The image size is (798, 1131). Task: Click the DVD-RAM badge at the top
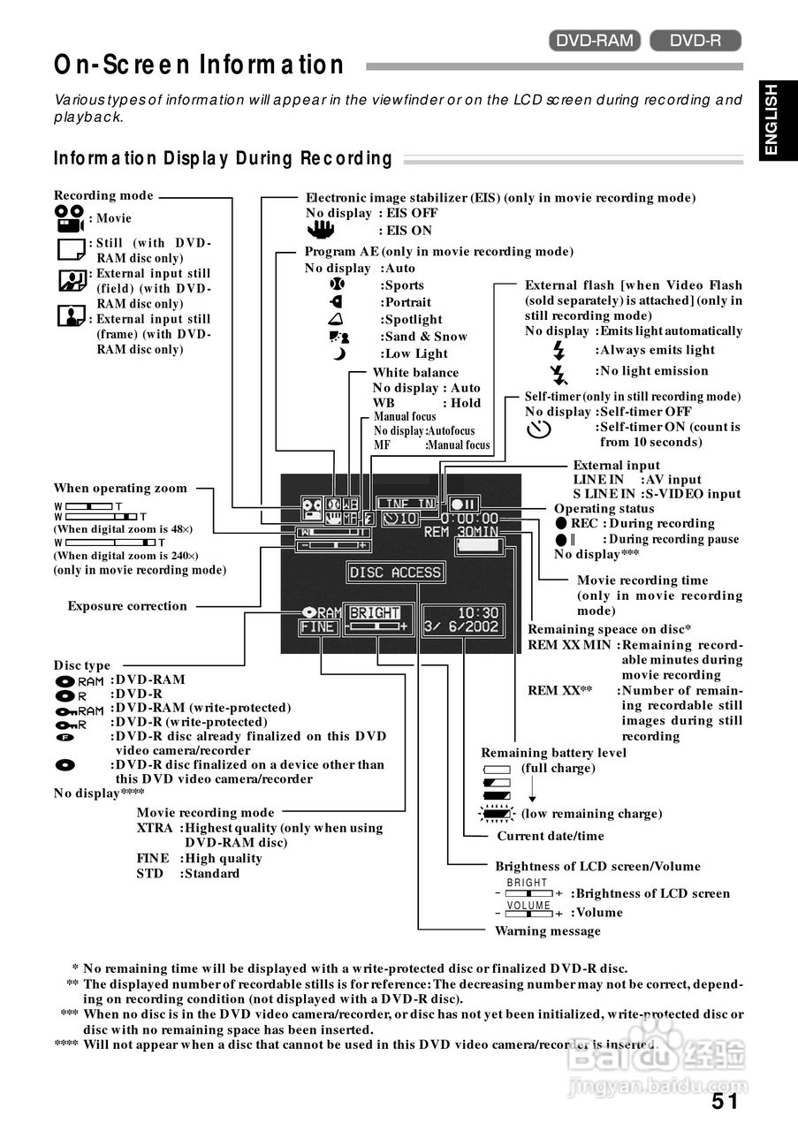tap(595, 40)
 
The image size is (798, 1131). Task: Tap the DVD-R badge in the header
tap(695, 40)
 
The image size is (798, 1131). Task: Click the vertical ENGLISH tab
tap(771, 120)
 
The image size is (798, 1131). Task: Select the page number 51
tap(725, 1101)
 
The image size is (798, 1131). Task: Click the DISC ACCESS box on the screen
tap(394, 573)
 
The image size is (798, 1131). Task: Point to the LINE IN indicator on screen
tap(407, 504)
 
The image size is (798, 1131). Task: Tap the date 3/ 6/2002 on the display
tap(461, 627)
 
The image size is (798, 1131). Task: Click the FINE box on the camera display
tap(317, 627)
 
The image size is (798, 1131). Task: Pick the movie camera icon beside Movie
tap(69, 218)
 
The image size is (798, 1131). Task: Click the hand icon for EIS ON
tap(326, 230)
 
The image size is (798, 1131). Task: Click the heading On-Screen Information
tap(200, 65)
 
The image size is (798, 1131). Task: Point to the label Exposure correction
tap(127, 606)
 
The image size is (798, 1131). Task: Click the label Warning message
tap(547, 930)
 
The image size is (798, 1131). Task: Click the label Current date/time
tap(551, 836)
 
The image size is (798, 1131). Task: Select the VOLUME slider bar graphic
tap(528, 912)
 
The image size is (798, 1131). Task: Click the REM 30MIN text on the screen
tap(460, 532)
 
